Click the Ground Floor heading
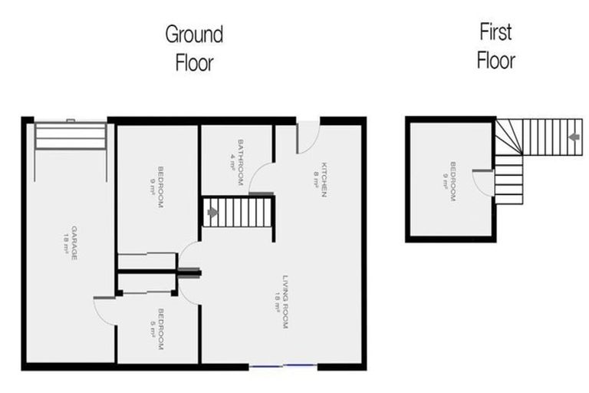pyautogui.click(x=195, y=48)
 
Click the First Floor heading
pyautogui.click(x=496, y=46)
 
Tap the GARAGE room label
pyautogui.click(x=71, y=243)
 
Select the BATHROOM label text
pyautogui.click(x=237, y=163)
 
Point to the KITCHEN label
pyautogui.click(x=321, y=180)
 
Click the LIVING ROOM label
pyautogui.click(x=281, y=302)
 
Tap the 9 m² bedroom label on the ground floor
pyautogui.click(x=156, y=187)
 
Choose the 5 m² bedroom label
pyautogui.click(x=156, y=329)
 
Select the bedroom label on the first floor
pyautogui.click(x=449, y=182)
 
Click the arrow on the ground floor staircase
pyautogui.click(x=212, y=213)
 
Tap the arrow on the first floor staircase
pyautogui.click(x=574, y=137)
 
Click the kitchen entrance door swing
pyautogui.click(x=308, y=137)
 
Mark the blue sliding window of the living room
pyautogui.click(x=283, y=365)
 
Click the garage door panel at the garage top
pyautogui.click(x=71, y=135)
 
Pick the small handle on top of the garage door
pyautogui.click(x=71, y=121)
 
